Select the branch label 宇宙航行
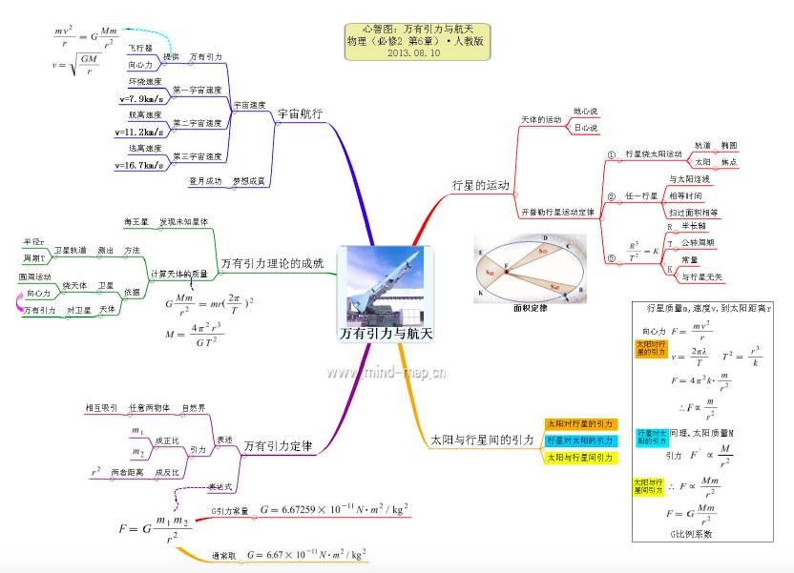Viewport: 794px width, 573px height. click(300, 113)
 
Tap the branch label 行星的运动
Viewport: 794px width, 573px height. click(480, 184)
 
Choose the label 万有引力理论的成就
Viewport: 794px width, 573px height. click(272, 262)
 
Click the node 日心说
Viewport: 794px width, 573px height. click(585, 128)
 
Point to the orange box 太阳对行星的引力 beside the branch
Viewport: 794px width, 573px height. click(580, 423)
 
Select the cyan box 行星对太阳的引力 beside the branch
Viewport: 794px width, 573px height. click(580, 440)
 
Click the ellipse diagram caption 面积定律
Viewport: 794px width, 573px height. click(530, 309)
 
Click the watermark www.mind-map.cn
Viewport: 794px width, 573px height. click(386, 372)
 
